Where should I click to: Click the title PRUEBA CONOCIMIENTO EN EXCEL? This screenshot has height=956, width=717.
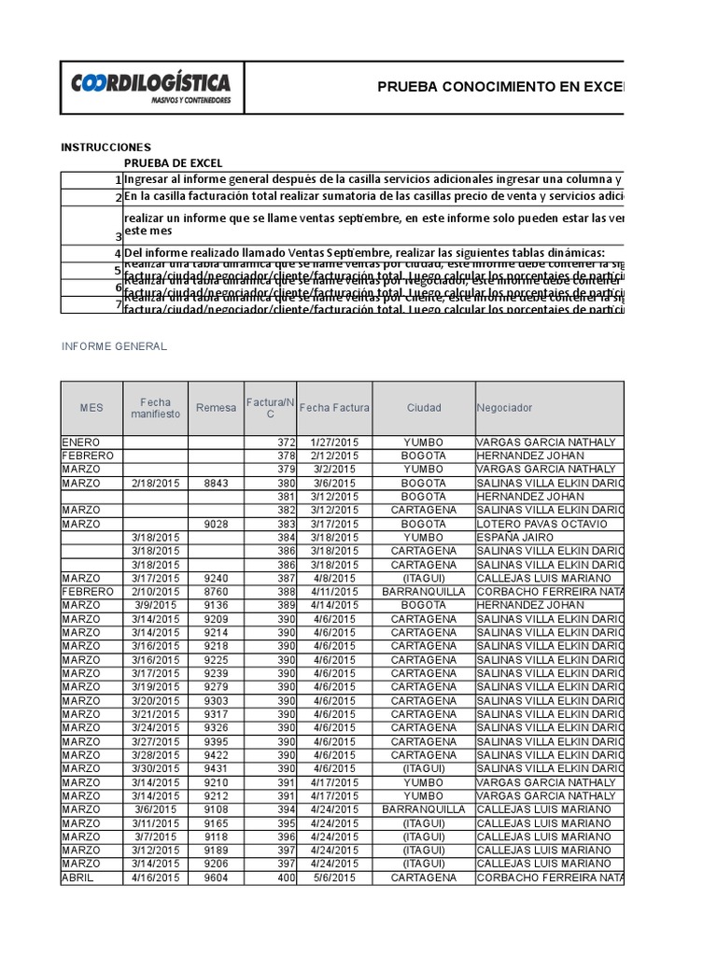(499, 87)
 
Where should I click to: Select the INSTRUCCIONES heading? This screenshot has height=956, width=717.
(105, 148)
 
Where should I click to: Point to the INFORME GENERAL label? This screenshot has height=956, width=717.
(114, 346)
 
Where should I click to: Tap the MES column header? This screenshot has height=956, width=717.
(91, 408)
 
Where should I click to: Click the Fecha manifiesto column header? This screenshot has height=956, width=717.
(155, 408)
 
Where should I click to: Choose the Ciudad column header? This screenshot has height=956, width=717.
(424, 408)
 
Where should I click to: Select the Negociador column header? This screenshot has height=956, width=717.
(504, 408)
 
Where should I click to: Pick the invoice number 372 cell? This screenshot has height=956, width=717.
(286, 442)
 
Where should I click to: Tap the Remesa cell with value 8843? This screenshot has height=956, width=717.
(215, 483)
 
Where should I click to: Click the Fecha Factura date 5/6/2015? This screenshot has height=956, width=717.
(333, 878)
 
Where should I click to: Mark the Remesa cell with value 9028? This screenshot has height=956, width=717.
(215, 524)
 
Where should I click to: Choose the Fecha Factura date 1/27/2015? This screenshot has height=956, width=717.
(333, 442)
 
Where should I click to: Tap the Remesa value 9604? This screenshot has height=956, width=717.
(215, 878)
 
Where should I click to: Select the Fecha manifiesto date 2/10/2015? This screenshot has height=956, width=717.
(155, 592)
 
